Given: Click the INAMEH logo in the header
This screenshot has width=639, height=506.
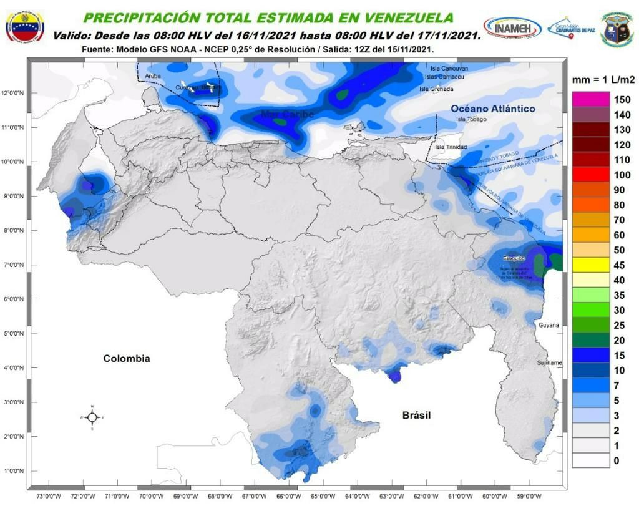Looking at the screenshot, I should pos(512,28).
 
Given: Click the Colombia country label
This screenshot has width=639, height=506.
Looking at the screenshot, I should pos(127,359).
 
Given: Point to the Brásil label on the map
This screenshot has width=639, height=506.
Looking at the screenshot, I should pos(416,416).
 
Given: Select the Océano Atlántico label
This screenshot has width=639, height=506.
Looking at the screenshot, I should pos(493,109).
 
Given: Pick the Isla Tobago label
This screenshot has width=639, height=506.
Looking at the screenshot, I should pos(471,119).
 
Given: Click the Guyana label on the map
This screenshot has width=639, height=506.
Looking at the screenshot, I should pos(549,325).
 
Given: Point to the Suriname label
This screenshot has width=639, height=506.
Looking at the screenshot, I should pos(550,362).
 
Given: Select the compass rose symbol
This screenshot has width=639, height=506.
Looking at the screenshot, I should pos(92,417).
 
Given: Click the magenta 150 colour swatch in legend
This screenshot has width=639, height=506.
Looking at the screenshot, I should pos(590,99).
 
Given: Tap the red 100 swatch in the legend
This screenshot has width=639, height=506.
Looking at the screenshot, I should pos(590,175).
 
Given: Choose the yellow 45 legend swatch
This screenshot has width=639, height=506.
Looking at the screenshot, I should pos(590,265).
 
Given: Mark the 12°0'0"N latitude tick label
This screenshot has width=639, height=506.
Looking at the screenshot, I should pos(12,94).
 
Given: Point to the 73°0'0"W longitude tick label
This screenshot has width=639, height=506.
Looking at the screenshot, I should pos(49,497).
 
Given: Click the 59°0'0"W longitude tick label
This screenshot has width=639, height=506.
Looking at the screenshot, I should pos(528,497).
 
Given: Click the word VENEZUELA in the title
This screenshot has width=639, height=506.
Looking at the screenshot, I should pos(401,17).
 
